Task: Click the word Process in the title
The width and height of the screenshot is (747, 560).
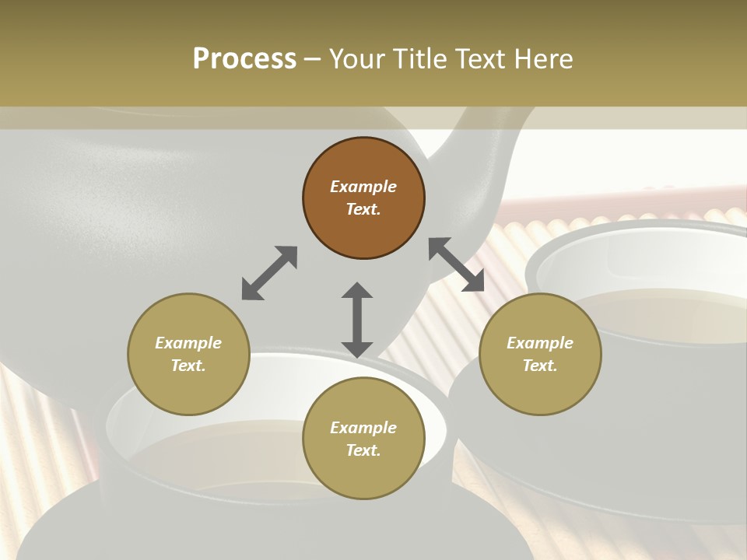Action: point(244,59)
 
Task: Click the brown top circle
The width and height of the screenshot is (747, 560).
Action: point(363,198)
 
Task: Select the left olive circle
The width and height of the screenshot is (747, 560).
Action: point(188,354)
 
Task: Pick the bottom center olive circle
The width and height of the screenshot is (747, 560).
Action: point(363,439)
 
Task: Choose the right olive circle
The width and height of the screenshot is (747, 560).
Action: point(540,354)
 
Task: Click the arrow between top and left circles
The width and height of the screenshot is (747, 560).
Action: point(269,273)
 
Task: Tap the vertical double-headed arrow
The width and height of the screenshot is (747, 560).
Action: point(357,320)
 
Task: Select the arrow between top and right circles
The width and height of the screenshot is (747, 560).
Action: point(456,264)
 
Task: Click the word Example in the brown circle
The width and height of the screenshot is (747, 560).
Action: point(363,187)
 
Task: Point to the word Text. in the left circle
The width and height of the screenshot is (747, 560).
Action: point(188,366)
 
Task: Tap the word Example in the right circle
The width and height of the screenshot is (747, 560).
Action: point(540,343)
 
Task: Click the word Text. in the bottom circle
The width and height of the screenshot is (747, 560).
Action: point(363,450)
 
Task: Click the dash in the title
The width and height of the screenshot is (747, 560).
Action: point(313,59)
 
